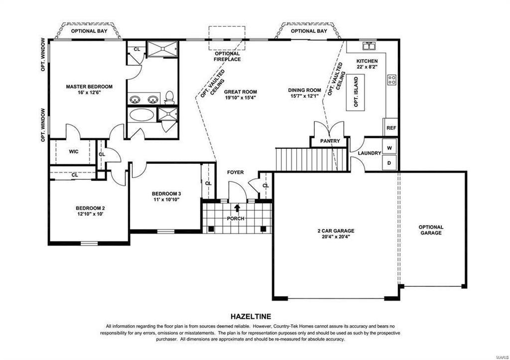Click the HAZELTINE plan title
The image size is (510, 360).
(x=251, y=316)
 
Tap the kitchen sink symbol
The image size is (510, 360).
(x=370, y=46)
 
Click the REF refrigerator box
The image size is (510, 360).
(x=391, y=128)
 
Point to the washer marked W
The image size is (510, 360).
(x=389, y=148)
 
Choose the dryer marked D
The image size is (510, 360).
(x=389, y=163)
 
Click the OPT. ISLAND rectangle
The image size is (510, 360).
(x=355, y=92)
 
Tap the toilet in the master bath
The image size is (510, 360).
(x=169, y=98)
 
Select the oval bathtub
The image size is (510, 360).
(x=142, y=115)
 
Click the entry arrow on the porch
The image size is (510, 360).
(x=237, y=208)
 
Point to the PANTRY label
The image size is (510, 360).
(x=330, y=141)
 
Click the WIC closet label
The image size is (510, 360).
(x=74, y=151)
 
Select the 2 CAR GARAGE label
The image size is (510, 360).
(x=336, y=231)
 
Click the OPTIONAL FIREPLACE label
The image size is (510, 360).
(x=227, y=56)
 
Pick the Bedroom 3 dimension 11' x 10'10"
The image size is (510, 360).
(x=166, y=199)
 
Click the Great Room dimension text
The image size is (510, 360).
(x=241, y=97)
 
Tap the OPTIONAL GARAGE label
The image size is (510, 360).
(x=431, y=230)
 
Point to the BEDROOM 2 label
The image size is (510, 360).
(x=91, y=208)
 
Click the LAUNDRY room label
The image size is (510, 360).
(x=370, y=153)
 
